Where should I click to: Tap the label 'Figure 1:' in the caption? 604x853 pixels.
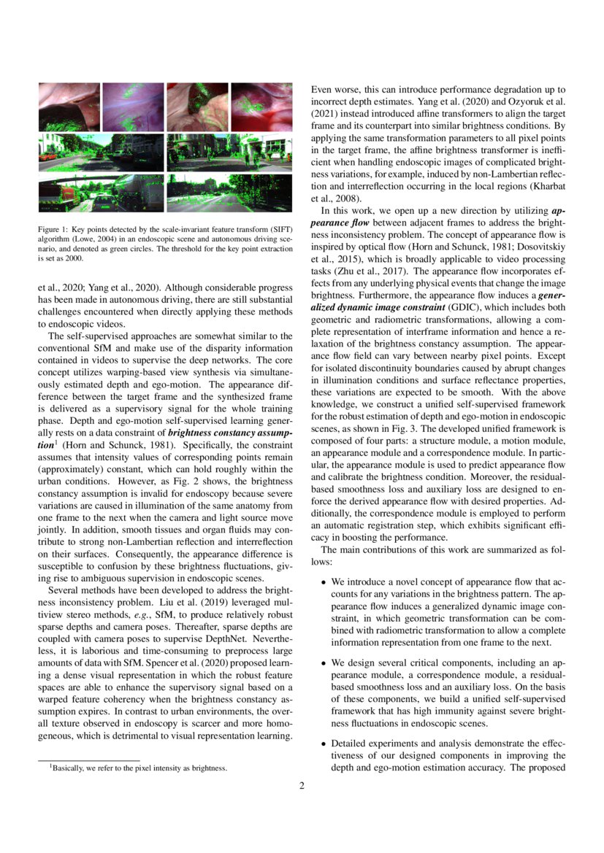coord(53,229)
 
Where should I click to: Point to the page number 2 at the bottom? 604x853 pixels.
coord(301,786)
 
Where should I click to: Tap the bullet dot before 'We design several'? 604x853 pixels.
coord(324,664)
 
